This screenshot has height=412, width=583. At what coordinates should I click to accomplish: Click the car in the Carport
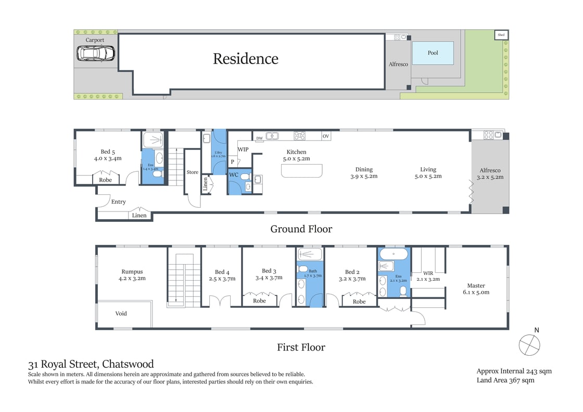pos(96,53)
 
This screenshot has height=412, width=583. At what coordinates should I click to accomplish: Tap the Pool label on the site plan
pos(433,53)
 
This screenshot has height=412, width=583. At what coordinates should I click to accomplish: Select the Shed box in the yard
pos(501,35)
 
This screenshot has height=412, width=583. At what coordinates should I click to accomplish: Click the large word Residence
pos(245,59)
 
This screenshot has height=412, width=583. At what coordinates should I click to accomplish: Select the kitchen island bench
pos(301,171)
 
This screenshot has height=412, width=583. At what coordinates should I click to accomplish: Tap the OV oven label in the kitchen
pos(326,136)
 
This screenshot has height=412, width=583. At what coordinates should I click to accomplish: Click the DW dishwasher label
pos(259,138)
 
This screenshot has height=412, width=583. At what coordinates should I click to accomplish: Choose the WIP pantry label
pos(243,149)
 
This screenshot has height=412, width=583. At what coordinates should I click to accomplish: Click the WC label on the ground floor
pos(234,174)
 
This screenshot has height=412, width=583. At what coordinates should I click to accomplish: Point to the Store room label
pos(193,172)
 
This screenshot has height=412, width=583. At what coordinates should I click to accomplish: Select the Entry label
pos(118,202)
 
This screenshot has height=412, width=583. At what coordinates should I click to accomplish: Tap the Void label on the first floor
pos(121,314)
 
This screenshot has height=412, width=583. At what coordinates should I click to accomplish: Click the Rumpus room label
pos(132,271)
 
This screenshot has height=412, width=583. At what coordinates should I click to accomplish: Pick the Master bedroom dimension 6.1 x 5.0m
pos(476,292)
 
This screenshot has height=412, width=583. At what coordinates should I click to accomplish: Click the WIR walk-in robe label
pos(428,272)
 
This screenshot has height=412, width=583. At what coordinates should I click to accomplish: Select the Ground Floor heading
pos(301,229)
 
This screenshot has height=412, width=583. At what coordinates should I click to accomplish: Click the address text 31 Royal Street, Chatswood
pos(91,364)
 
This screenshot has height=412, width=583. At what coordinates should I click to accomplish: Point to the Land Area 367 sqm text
pos(505,380)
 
